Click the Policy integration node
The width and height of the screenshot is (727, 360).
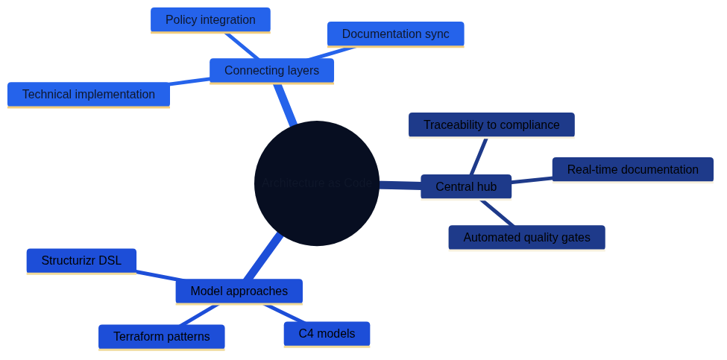click(x=210, y=20)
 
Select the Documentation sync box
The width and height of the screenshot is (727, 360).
click(x=395, y=34)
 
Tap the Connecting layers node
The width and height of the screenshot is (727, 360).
click(x=271, y=71)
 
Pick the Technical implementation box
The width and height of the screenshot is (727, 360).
click(x=88, y=95)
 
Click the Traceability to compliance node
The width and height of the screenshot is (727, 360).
click(x=491, y=125)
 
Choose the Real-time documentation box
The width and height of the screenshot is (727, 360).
click(x=632, y=170)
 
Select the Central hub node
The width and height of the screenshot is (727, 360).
click(x=466, y=187)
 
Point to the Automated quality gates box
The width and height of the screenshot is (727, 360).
click(x=526, y=238)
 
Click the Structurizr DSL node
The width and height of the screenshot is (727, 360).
click(x=81, y=261)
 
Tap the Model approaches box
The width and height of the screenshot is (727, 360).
click(x=239, y=291)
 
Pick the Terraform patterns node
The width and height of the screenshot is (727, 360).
click(x=161, y=337)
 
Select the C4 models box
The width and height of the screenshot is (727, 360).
click(x=327, y=334)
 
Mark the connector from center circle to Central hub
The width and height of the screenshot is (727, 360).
click(x=400, y=185)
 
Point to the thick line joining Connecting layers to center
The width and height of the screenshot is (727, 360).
click(x=286, y=104)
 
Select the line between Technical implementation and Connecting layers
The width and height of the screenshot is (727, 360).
click(x=189, y=81)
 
